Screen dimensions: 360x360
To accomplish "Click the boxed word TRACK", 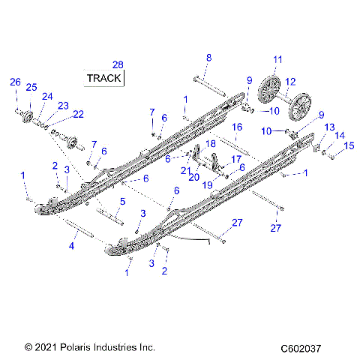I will point(105,78).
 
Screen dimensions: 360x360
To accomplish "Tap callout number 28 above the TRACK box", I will point(117,64).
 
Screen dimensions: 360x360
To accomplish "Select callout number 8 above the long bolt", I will point(208,58).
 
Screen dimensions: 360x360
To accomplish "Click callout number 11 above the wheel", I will point(277,58).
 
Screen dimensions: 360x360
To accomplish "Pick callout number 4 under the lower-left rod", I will point(72,245).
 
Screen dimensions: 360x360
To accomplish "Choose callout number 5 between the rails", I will point(122,200).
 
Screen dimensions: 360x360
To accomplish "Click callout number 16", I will point(236,127).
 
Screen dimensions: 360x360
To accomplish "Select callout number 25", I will point(31,88).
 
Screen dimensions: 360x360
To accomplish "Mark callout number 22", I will point(78,114).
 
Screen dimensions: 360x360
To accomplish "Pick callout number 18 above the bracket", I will point(211,142).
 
